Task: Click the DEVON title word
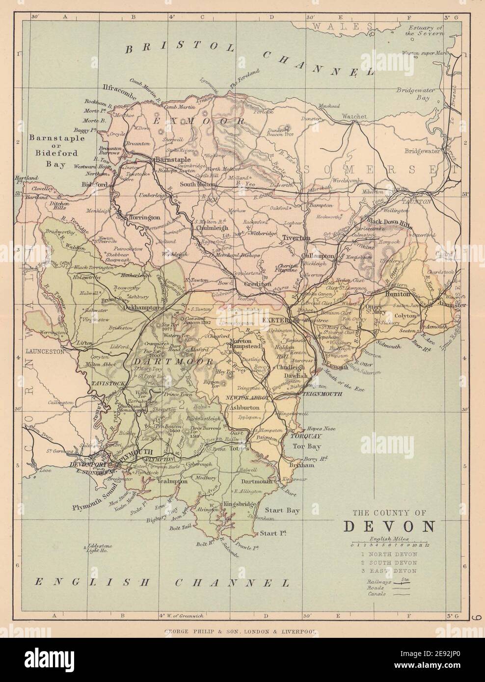[x=389, y=526]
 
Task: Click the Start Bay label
[x=287, y=511]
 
